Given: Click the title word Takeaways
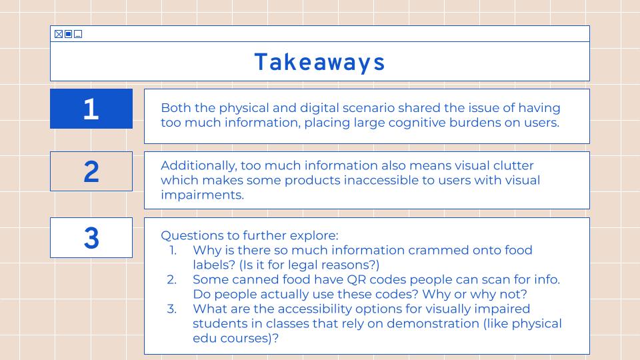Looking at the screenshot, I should [319, 62].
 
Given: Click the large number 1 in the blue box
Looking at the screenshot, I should [91, 109].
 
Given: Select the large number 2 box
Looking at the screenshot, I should [91, 171].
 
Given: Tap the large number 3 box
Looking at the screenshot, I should [91, 238].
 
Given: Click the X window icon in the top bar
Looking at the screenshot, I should [59, 34].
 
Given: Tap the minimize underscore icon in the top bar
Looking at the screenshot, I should [78, 34].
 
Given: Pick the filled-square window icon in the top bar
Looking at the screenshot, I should [68, 34].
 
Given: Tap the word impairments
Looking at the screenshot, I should [202, 195].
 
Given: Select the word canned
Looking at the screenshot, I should [256, 279].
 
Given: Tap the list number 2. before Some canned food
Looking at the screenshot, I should [172, 279].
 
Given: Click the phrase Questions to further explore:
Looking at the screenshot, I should [249, 235].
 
